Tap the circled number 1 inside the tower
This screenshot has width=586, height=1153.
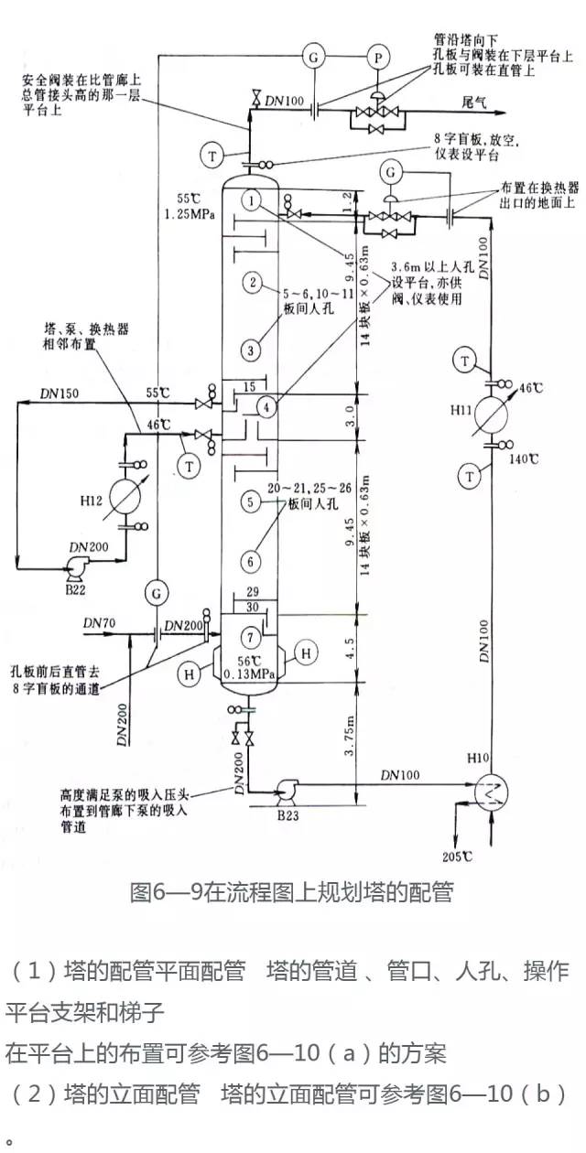[254, 198]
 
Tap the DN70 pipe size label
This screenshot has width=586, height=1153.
[96, 622]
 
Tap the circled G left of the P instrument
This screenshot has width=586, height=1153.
[314, 56]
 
